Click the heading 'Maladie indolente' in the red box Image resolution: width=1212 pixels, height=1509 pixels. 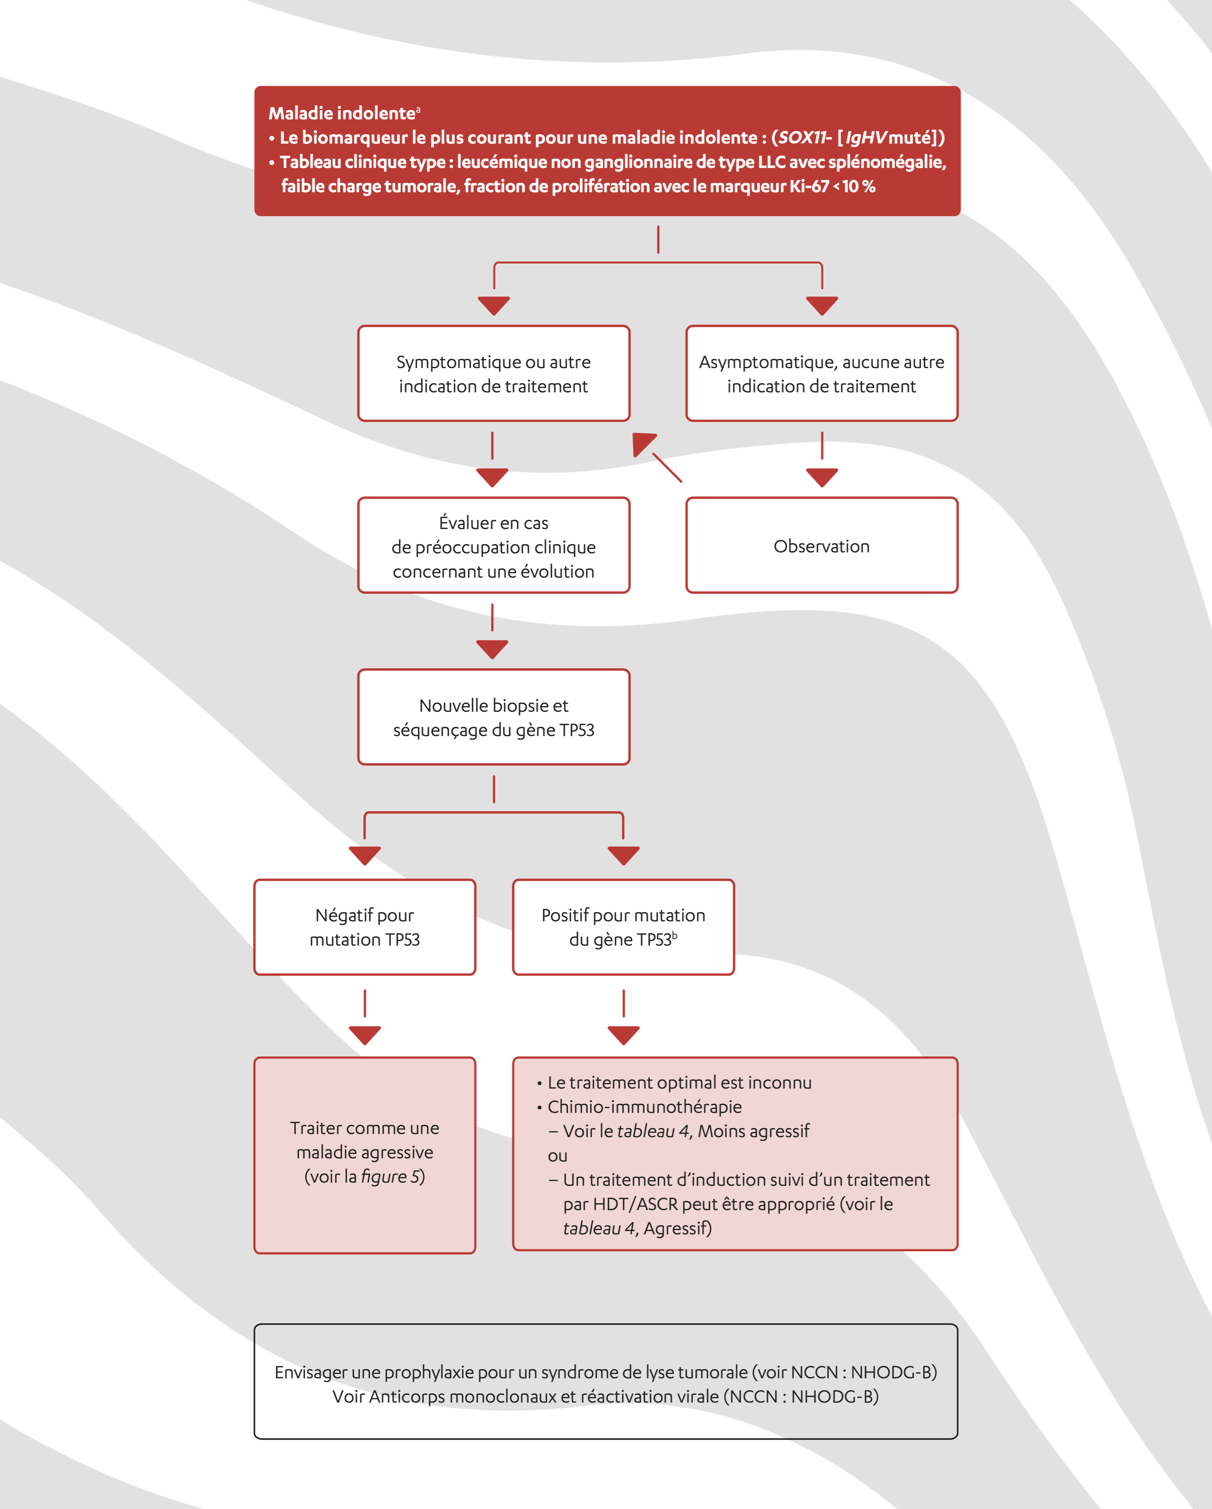coord(341,113)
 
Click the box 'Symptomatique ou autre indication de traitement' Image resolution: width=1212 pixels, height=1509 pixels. coord(493,374)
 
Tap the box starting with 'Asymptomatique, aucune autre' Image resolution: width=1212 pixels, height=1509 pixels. coord(821,374)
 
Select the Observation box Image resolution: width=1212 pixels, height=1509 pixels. coord(821,546)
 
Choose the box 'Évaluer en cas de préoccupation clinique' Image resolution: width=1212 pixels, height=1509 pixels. coord(493,546)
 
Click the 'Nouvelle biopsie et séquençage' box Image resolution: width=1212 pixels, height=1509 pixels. coord(493,717)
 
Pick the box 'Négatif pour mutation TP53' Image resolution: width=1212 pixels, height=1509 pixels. coord(364,927)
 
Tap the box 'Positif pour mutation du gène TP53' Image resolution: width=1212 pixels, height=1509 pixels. coord(623,927)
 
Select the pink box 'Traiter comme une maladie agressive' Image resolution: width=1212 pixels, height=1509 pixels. coord(364,1155)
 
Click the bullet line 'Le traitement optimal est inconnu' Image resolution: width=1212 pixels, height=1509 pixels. coord(679,1083)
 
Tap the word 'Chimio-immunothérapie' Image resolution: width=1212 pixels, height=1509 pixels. coord(644,1107)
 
